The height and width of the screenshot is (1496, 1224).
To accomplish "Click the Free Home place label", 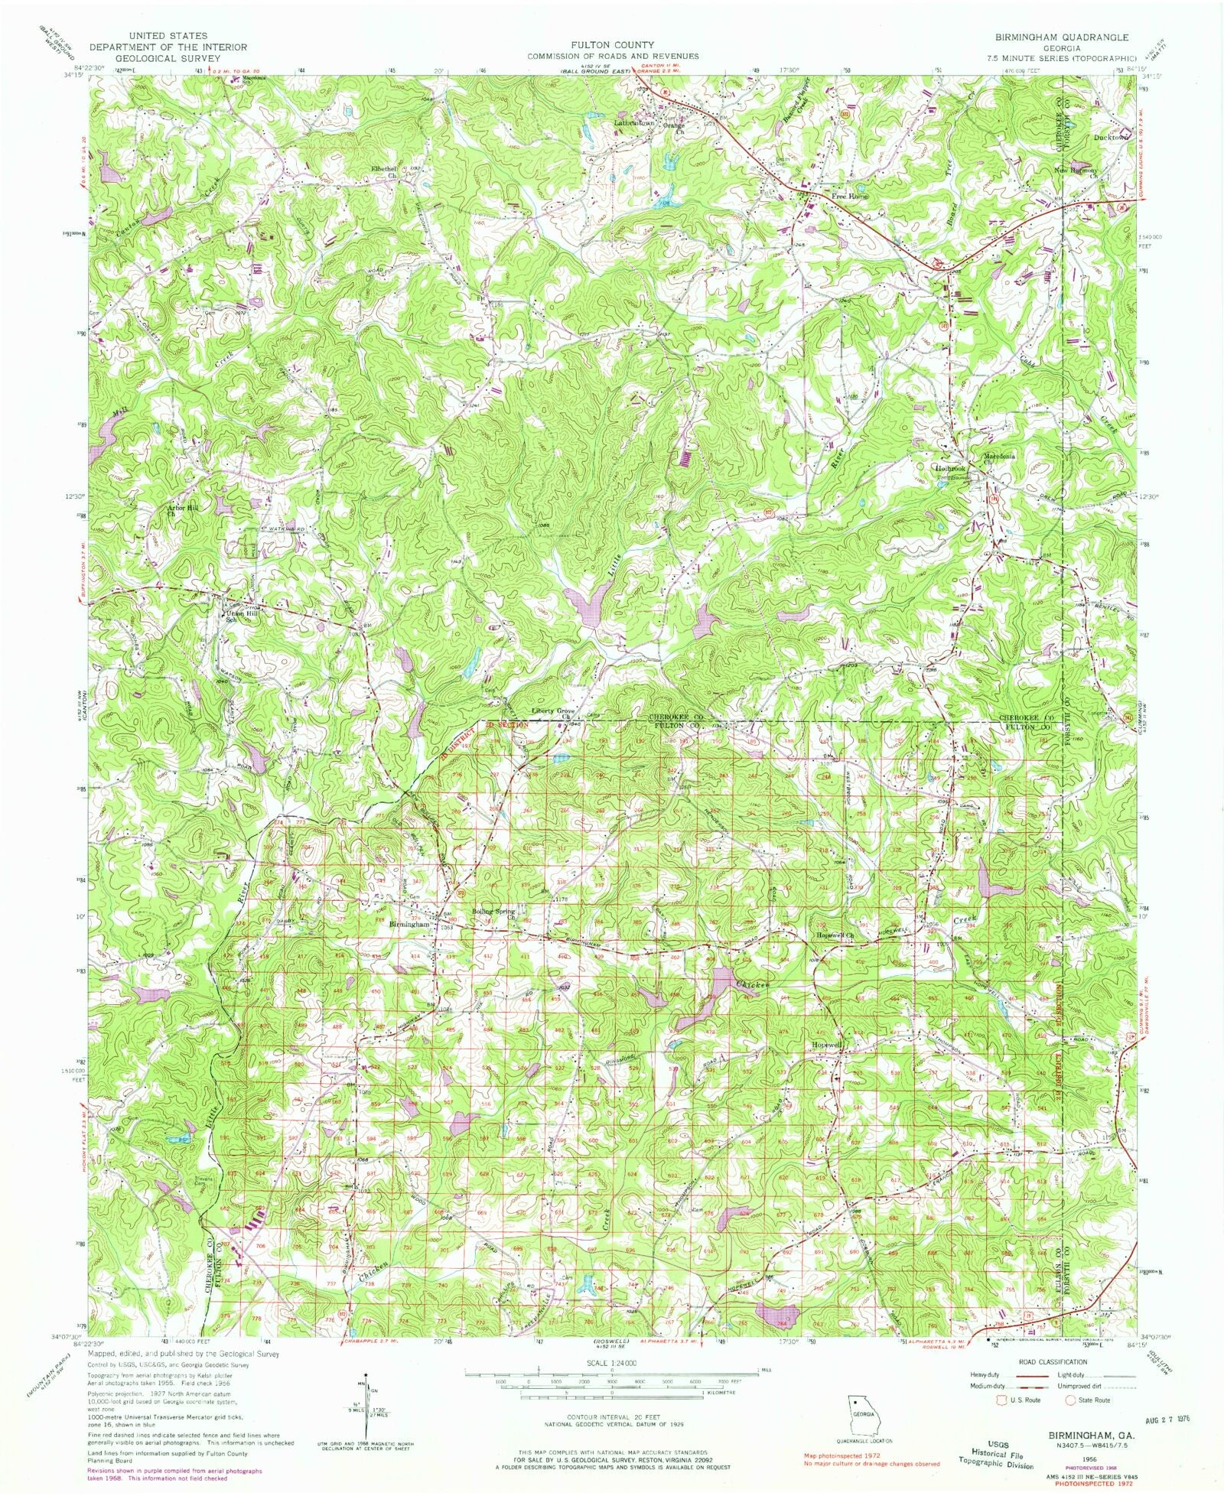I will tap(850, 197).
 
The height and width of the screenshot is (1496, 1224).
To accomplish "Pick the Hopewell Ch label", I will tap(837, 935).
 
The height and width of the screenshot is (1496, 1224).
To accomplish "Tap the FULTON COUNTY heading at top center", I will tap(611, 46).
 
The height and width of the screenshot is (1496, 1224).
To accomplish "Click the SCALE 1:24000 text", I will tap(611, 1363).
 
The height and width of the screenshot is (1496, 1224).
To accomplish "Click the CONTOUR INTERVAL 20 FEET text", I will tap(611, 1417).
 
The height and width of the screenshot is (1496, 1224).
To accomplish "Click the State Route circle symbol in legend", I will tap(1071, 1400).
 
